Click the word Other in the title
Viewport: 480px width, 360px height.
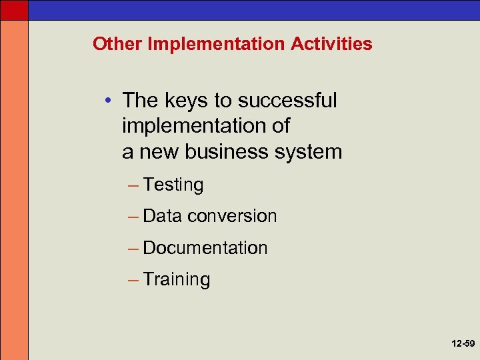pos(117,44)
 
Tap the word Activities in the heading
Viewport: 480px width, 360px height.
pos(331,44)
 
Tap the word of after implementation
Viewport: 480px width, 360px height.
pos(281,127)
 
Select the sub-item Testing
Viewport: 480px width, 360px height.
pos(173,185)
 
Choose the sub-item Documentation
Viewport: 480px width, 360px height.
pos(205,248)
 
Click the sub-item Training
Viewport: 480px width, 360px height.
pos(177,279)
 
